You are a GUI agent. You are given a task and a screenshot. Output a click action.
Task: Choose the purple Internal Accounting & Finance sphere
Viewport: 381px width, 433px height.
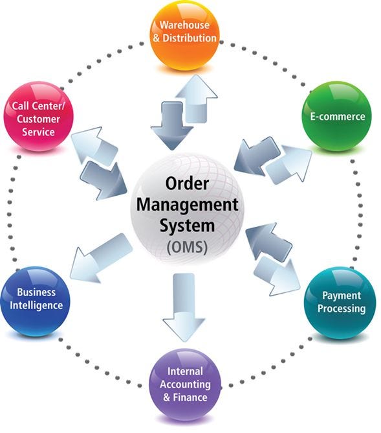(x=185, y=384)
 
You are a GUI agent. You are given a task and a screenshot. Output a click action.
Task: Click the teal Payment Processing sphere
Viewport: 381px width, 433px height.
(x=340, y=302)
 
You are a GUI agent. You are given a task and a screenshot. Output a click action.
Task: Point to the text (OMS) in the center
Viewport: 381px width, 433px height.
(x=186, y=247)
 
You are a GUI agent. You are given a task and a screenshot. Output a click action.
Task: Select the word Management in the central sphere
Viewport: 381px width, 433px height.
(x=186, y=205)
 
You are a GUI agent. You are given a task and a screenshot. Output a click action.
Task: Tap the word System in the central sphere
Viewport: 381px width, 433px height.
(x=186, y=227)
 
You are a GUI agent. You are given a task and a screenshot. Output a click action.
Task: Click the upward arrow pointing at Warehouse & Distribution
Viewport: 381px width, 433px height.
(x=199, y=97)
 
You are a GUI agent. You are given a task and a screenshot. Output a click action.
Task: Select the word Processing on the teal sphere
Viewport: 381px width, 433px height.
(x=341, y=309)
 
